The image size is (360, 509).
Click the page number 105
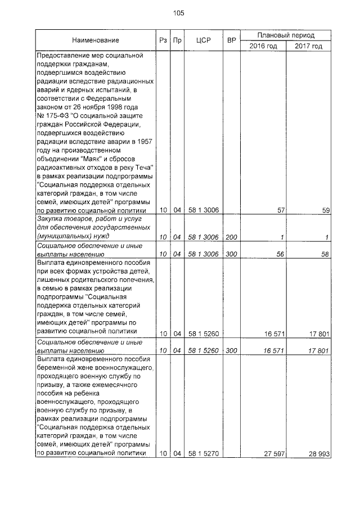tap(179, 12)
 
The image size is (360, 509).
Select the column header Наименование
tap(96, 40)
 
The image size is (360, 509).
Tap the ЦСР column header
tap(204, 40)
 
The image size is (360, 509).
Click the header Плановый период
tap(286, 34)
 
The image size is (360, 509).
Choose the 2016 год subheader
tap(263, 46)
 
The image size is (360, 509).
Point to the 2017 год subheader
tap(308, 46)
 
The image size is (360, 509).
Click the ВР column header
tap(231, 40)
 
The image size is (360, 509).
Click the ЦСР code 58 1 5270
tap(204, 453)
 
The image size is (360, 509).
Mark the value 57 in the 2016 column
tap(282, 210)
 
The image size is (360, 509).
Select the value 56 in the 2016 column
tap(282, 254)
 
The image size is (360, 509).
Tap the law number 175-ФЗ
tap(56, 115)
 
